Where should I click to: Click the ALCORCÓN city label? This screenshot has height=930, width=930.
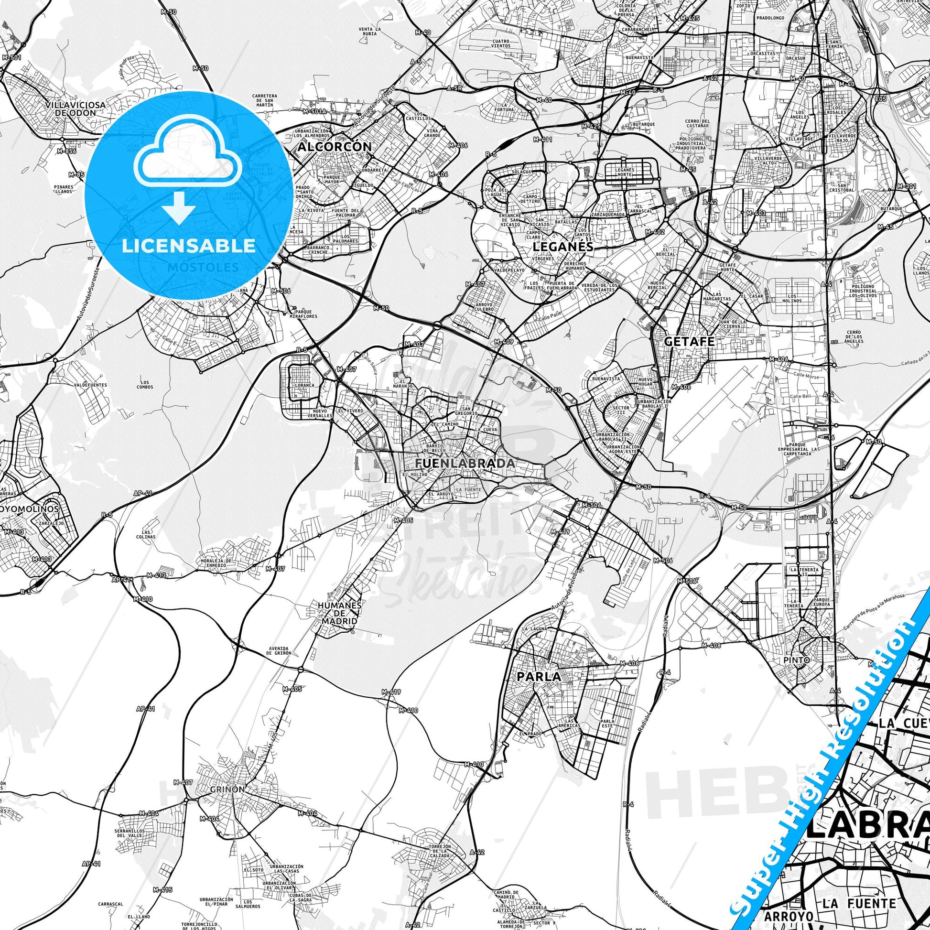[335, 146]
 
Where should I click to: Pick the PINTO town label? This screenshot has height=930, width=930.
[797, 660]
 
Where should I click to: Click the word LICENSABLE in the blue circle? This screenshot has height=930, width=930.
[189, 246]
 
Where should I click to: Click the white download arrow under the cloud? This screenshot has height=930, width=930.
[179, 206]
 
